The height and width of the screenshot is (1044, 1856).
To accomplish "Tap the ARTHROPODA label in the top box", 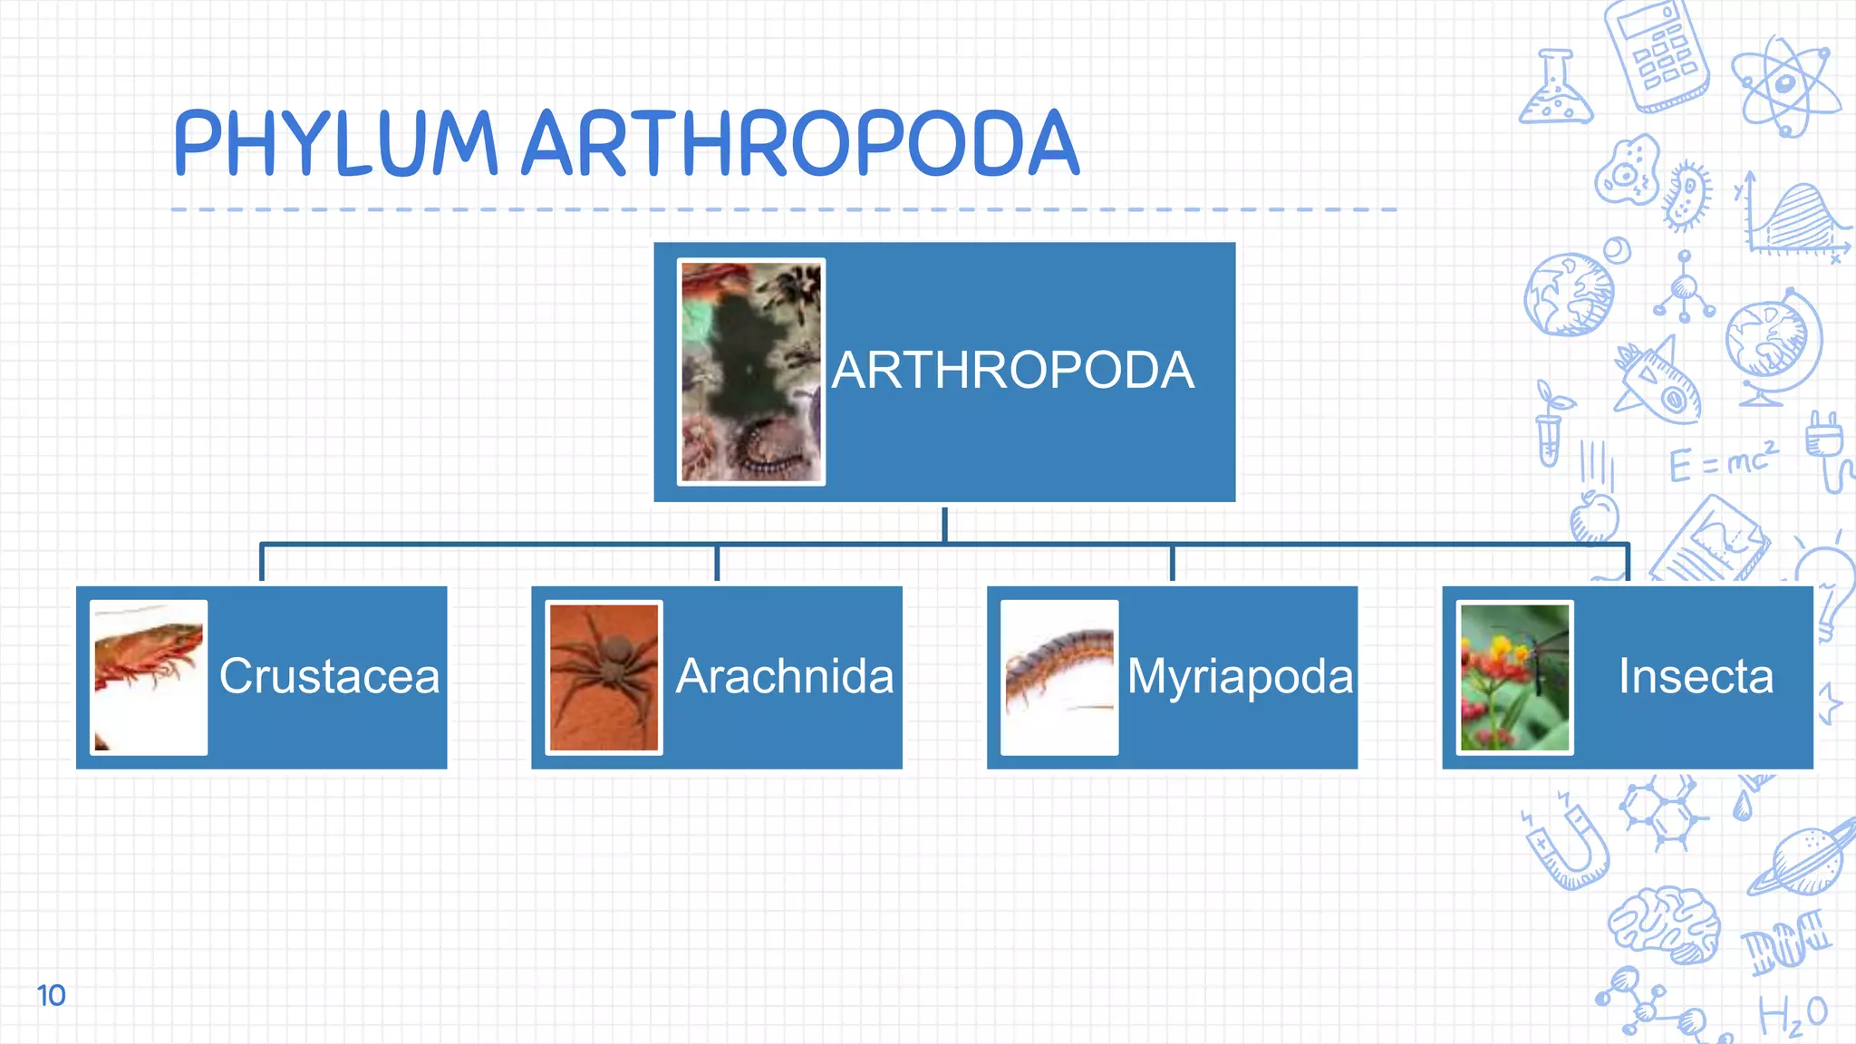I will (x=1013, y=371).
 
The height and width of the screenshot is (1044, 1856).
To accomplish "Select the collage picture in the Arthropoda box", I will (x=751, y=372).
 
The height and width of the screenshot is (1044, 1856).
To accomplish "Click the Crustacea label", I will (x=330, y=676).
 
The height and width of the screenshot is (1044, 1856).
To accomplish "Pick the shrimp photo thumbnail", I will (x=150, y=677).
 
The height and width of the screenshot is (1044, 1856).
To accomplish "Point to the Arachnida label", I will (x=785, y=676).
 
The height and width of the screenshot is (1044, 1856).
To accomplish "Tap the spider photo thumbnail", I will (x=604, y=677).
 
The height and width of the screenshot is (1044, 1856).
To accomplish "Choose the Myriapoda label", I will (x=1240, y=676).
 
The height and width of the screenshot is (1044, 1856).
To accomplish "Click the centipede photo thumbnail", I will (x=1059, y=677).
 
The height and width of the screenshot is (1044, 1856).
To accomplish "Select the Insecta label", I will (x=1696, y=676).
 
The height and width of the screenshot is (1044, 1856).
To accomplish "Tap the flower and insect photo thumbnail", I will (x=1515, y=677).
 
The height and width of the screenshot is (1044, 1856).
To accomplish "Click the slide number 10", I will (x=51, y=995).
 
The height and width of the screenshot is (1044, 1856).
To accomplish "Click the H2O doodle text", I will (x=1793, y=1015).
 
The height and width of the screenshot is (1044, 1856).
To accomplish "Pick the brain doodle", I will (x=1665, y=923).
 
